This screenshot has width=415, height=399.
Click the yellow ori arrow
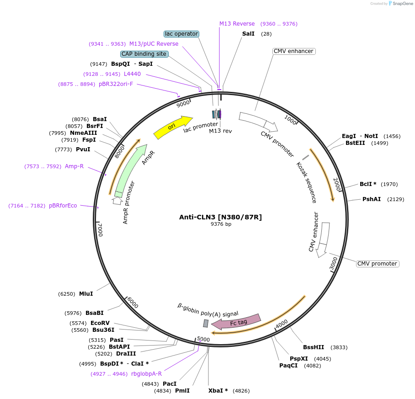173,127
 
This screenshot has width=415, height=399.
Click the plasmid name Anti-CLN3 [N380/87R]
220,217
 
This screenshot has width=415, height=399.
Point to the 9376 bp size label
221,224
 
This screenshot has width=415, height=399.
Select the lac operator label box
181,34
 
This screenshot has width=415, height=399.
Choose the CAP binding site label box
144,54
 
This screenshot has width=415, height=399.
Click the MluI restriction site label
86,293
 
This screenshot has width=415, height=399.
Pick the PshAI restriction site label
372,199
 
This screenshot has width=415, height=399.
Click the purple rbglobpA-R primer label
146,373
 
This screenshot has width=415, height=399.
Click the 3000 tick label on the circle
334,264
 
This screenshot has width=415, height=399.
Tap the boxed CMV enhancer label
293,51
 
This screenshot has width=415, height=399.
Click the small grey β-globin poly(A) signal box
206,323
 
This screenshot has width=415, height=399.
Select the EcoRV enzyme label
100,323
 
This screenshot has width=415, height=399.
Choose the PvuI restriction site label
83,149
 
